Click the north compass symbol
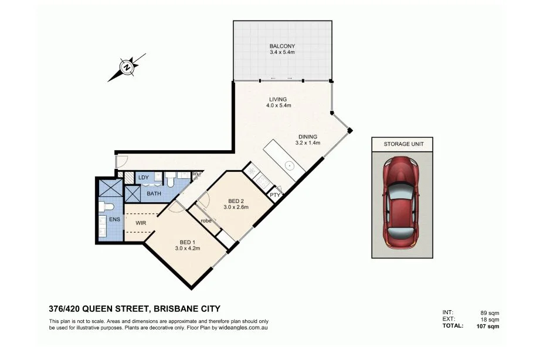coord(127,67)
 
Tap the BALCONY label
coord(282,46)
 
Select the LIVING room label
coord(278,100)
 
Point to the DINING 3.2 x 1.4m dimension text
coord(307,143)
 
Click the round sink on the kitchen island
coord(290,165)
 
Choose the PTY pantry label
coord(274,195)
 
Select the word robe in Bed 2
coord(206,221)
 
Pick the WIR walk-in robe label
coord(141,223)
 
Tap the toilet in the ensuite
coord(106,206)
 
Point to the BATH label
coord(154,193)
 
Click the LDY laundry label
coord(144,178)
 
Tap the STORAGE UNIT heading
coord(403,144)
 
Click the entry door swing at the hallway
coord(122,161)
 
